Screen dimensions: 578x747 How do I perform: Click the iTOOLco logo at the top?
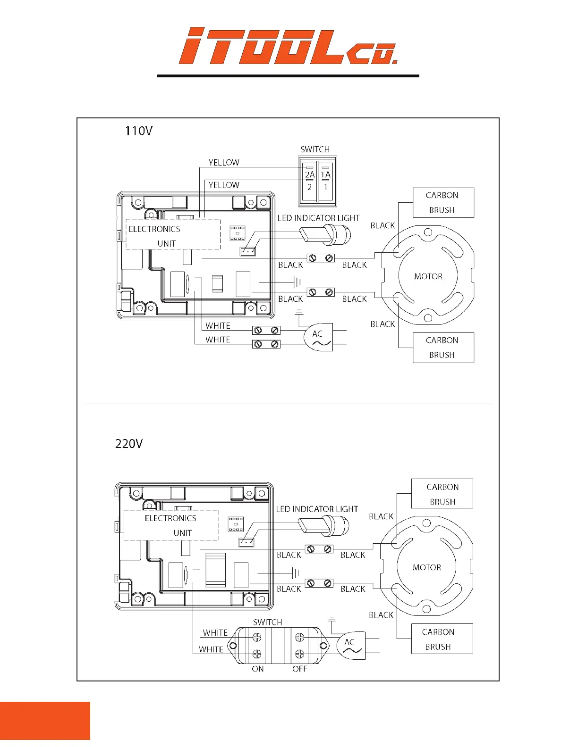pyautogui.click(x=288, y=46)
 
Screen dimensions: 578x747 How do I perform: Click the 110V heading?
pyautogui.click(x=138, y=131)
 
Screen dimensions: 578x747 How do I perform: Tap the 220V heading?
pyautogui.click(x=128, y=444)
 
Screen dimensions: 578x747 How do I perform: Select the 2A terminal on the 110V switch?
pyautogui.click(x=309, y=175)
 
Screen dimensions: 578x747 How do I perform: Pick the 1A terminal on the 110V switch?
pyautogui.click(x=325, y=175)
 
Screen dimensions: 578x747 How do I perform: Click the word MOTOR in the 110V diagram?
pyautogui.click(x=428, y=276)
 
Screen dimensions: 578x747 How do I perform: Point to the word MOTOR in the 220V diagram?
pyautogui.click(x=427, y=567)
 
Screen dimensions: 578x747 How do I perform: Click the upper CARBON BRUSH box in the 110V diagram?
pyautogui.click(x=443, y=203)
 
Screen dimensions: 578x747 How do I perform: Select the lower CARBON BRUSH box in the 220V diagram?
pyautogui.click(x=442, y=639)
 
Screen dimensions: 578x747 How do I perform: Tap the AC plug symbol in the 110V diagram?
pyautogui.click(x=319, y=337)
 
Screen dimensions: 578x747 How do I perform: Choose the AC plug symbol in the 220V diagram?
pyautogui.click(x=351, y=645)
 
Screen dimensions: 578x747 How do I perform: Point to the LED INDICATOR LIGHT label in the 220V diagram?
pyautogui.click(x=317, y=509)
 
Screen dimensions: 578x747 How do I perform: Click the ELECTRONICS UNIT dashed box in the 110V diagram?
pyautogui.click(x=173, y=234)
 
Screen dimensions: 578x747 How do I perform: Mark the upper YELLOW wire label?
pyautogui.click(x=224, y=163)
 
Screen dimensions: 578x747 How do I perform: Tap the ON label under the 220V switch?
pyautogui.click(x=258, y=669)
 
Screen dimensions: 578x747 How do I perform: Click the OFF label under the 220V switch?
pyautogui.click(x=299, y=669)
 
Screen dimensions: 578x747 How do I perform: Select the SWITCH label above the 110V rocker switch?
pyautogui.click(x=315, y=149)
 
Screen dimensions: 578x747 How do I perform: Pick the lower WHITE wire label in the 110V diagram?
pyautogui.click(x=218, y=340)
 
